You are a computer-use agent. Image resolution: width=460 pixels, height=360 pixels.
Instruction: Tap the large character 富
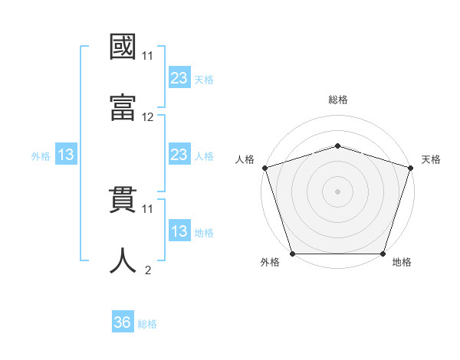click(x=123, y=106)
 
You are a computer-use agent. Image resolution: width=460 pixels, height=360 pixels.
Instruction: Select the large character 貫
click(x=123, y=198)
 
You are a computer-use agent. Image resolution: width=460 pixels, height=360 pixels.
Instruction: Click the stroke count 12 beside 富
click(x=148, y=117)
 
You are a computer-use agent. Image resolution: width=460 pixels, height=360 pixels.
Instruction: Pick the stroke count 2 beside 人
click(x=148, y=270)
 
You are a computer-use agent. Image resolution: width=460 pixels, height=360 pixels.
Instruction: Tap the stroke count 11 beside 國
click(x=148, y=56)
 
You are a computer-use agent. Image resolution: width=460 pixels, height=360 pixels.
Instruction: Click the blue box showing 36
click(x=123, y=322)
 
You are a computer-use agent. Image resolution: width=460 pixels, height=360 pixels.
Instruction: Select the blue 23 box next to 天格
click(x=179, y=77)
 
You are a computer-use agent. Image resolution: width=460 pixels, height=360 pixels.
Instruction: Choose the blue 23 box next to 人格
click(x=179, y=155)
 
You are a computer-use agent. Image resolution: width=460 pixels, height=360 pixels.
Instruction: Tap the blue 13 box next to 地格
click(x=179, y=231)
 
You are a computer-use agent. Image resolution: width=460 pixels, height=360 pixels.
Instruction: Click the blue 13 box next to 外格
click(x=66, y=155)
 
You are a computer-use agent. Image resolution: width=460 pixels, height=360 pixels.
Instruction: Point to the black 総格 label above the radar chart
click(x=338, y=100)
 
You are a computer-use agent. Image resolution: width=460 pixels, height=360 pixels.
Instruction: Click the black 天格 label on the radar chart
click(x=431, y=159)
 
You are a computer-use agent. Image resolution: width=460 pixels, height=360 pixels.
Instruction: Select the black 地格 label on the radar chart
click(x=402, y=262)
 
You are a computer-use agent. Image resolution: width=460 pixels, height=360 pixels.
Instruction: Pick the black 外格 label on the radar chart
click(x=270, y=262)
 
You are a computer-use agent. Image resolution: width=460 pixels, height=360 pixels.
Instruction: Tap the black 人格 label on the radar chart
click(x=245, y=159)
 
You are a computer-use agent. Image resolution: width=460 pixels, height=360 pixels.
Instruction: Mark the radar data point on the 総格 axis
click(x=338, y=146)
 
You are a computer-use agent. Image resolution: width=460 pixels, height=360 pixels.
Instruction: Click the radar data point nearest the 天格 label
click(x=410, y=167)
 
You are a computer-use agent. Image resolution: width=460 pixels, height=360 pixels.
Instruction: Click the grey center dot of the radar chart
click(x=338, y=191)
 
